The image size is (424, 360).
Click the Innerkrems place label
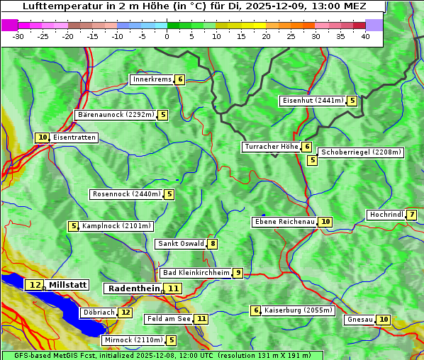click(152, 79)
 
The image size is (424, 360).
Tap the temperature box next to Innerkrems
click(180, 79)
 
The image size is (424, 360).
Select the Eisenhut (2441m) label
click(312, 101)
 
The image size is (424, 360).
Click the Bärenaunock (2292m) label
click(115, 115)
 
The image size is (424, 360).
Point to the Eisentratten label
click(74, 137)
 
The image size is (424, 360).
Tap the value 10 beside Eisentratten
click(43, 137)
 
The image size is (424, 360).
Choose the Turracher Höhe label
click(271, 147)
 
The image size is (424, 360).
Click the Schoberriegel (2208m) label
click(360, 152)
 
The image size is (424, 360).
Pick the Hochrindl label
click(386, 215)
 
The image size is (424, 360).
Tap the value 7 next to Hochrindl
click(412, 215)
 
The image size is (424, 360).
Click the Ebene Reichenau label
click(284, 222)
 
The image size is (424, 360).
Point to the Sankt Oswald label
click(180, 244)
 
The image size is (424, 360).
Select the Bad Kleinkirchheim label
click(196, 273)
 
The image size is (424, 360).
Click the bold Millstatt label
click(68, 285)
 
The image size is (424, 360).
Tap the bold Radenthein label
click(134, 288)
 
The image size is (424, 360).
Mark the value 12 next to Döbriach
click(125, 312)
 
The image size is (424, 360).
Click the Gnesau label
click(359, 320)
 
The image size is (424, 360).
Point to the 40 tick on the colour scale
click(365, 36)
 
